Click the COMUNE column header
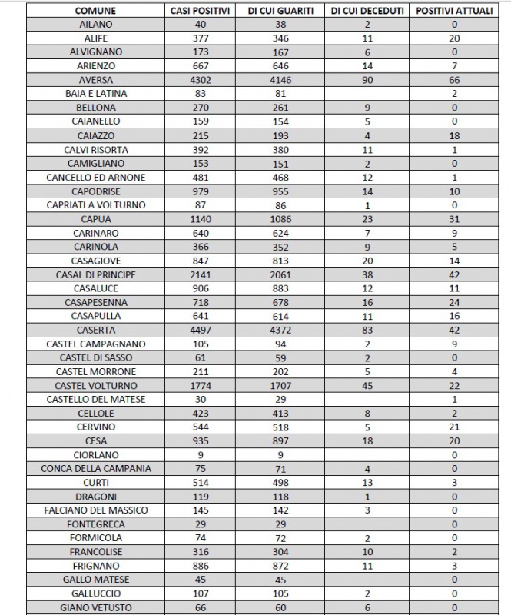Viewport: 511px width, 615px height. (x=96, y=11)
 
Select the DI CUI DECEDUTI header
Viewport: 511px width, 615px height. (x=367, y=11)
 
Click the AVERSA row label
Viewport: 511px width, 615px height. (x=96, y=80)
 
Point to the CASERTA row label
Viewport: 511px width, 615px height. (x=96, y=330)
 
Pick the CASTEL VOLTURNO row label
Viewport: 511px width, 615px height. (x=96, y=385)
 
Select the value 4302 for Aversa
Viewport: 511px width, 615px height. (x=201, y=80)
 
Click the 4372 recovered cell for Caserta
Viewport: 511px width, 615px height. (x=280, y=330)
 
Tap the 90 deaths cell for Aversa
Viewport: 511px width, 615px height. (x=367, y=80)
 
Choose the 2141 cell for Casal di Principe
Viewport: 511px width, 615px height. (x=201, y=274)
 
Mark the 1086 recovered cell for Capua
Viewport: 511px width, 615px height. (x=280, y=219)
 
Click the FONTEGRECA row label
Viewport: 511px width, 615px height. (x=96, y=524)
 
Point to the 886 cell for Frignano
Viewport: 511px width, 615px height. (x=201, y=566)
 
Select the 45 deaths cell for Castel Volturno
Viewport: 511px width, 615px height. (x=367, y=385)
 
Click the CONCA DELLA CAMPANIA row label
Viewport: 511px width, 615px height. (x=96, y=468)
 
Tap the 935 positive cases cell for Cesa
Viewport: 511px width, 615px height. (x=201, y=440)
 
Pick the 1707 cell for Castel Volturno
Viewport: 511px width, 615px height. (x=280, y=385)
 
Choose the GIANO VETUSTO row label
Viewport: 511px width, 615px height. (x=96, y=607)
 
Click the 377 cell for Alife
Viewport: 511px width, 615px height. (x=201, y=38)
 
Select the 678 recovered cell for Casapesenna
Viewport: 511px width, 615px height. (x=280, y=302)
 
